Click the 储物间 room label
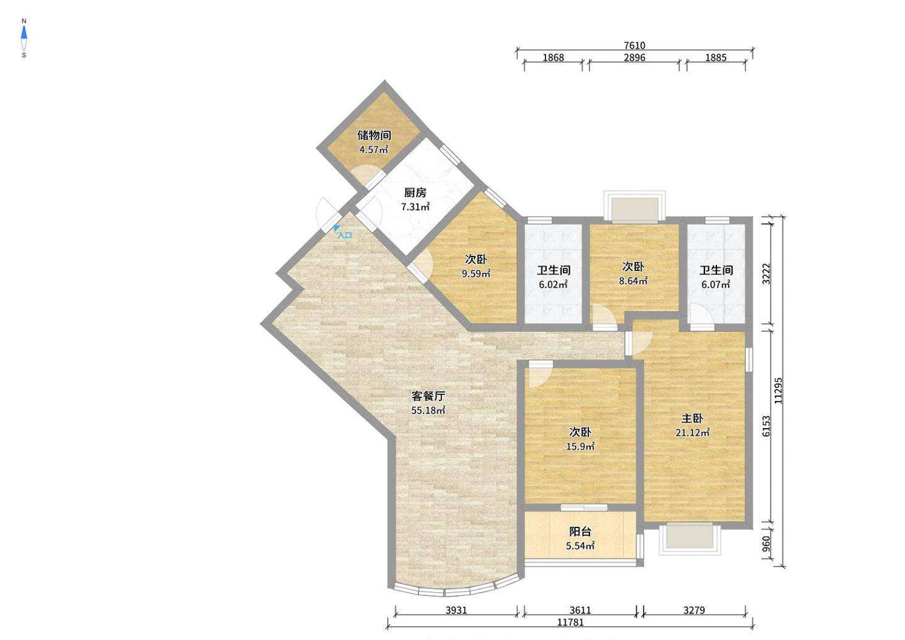tap(374, 135)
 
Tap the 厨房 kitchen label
tap(415, 193)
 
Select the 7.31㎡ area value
tap(415, 207)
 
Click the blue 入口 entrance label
tap(344, 235)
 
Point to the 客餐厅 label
tap(428, 395)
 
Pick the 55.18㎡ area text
tap(428, 410)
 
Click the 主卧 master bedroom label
tap(693, 418)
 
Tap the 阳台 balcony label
tap(580, 531)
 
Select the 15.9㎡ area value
tap(580, 446)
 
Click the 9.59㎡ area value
tap(476, 273)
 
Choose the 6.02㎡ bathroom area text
tap(553, 284)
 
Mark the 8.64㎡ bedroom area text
tap(633, 280)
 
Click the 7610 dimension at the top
tap(634, 45)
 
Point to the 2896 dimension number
tap(634, 57)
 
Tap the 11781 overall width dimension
tap(570, 622)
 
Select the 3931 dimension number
tap(456, 610)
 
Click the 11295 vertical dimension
tap(778, 390)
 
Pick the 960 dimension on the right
tap(766, 544)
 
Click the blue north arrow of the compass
tap(24, 33)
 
